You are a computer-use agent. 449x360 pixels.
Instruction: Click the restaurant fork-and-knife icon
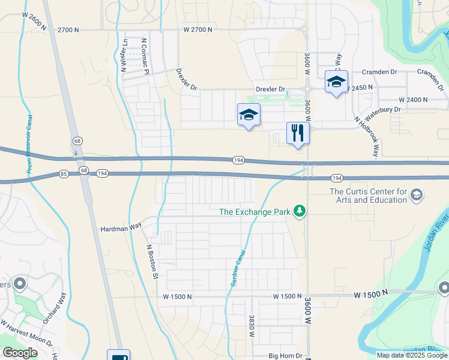(297, 133)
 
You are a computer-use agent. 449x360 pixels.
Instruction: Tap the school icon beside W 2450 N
(336, 82)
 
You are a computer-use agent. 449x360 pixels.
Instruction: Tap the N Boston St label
(152, 261)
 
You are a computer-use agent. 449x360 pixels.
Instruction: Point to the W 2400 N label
(413, 100)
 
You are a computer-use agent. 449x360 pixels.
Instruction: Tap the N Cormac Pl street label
(144, 56)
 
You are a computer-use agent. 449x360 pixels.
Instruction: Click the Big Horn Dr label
(286, 356)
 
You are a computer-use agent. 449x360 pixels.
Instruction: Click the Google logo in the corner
(20, 352)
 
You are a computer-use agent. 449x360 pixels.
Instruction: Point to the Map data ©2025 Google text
(411, 355)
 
